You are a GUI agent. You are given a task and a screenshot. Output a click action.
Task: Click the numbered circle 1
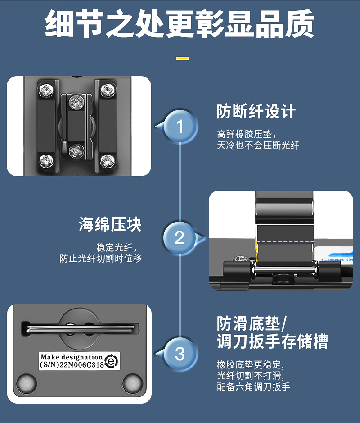point(180,126)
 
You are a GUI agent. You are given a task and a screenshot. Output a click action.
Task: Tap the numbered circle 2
point(179,238)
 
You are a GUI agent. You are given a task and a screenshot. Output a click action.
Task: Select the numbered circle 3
point(180,354)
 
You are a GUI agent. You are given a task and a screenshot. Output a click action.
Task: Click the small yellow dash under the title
point(182,58)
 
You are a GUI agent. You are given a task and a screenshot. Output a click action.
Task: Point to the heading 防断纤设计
point(256,111)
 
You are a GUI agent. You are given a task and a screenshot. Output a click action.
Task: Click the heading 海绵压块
point(110,224)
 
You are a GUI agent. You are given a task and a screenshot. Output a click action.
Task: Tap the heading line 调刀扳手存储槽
point(272,341)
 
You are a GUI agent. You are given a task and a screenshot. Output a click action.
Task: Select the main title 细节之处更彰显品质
point(180,24)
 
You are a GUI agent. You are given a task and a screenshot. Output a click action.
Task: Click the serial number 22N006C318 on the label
point(81,365)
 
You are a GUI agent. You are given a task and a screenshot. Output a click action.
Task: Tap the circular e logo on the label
point(112,361)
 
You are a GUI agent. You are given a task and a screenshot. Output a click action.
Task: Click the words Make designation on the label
point(72,357)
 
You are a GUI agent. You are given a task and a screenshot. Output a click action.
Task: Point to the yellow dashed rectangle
point(285,253)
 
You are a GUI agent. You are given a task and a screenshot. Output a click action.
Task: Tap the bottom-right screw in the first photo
point(108,161)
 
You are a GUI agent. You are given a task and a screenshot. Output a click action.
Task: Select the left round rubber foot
point(27,383)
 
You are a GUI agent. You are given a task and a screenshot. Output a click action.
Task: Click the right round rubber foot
point(132,383)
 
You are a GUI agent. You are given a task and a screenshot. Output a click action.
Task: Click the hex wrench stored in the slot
point(80,329)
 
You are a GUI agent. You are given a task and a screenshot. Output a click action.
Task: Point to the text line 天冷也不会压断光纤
point(258,146)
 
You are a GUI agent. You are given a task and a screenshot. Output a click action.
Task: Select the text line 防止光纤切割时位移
point(100,259)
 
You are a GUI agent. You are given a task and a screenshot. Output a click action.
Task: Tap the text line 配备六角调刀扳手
point(253,387)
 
